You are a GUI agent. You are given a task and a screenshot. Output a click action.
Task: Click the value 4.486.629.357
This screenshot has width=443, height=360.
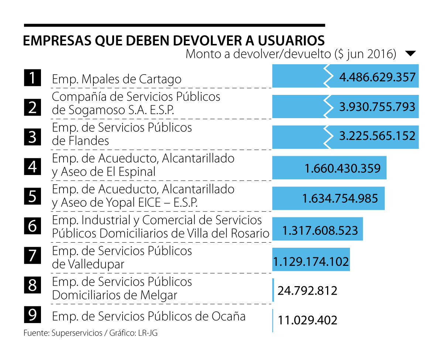(x=377, y=78)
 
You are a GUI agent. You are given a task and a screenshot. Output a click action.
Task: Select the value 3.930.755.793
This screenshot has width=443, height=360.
(x=377, y=107)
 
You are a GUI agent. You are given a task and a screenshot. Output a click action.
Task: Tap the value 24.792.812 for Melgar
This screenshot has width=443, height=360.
(x=307, y=291)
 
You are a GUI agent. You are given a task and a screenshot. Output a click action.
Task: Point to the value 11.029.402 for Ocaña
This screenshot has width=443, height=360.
(x=307, y=320)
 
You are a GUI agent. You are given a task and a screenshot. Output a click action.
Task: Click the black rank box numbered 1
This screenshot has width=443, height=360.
(x=32, y=78)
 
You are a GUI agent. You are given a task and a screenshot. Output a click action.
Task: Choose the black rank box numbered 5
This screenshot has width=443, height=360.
(x=32, y=196)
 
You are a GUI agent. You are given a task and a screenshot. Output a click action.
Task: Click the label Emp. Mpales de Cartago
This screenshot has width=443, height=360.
(x=117, y=79)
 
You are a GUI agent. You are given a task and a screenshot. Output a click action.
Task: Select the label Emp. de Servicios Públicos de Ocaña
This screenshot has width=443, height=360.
(x=148, y=316)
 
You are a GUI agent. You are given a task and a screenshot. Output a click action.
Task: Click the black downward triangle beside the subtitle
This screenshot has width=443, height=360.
(x=411, y=54)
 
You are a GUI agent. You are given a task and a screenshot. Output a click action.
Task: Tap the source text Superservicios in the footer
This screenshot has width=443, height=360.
(x=77, y=333)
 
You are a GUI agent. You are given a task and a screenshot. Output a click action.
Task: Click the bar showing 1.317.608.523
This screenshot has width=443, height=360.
(x=317, y=229)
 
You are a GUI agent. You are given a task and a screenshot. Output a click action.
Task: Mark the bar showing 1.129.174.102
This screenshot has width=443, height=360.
(x=311, y=260)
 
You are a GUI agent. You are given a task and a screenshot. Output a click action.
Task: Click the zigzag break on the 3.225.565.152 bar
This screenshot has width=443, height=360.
(x=327, y=137)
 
